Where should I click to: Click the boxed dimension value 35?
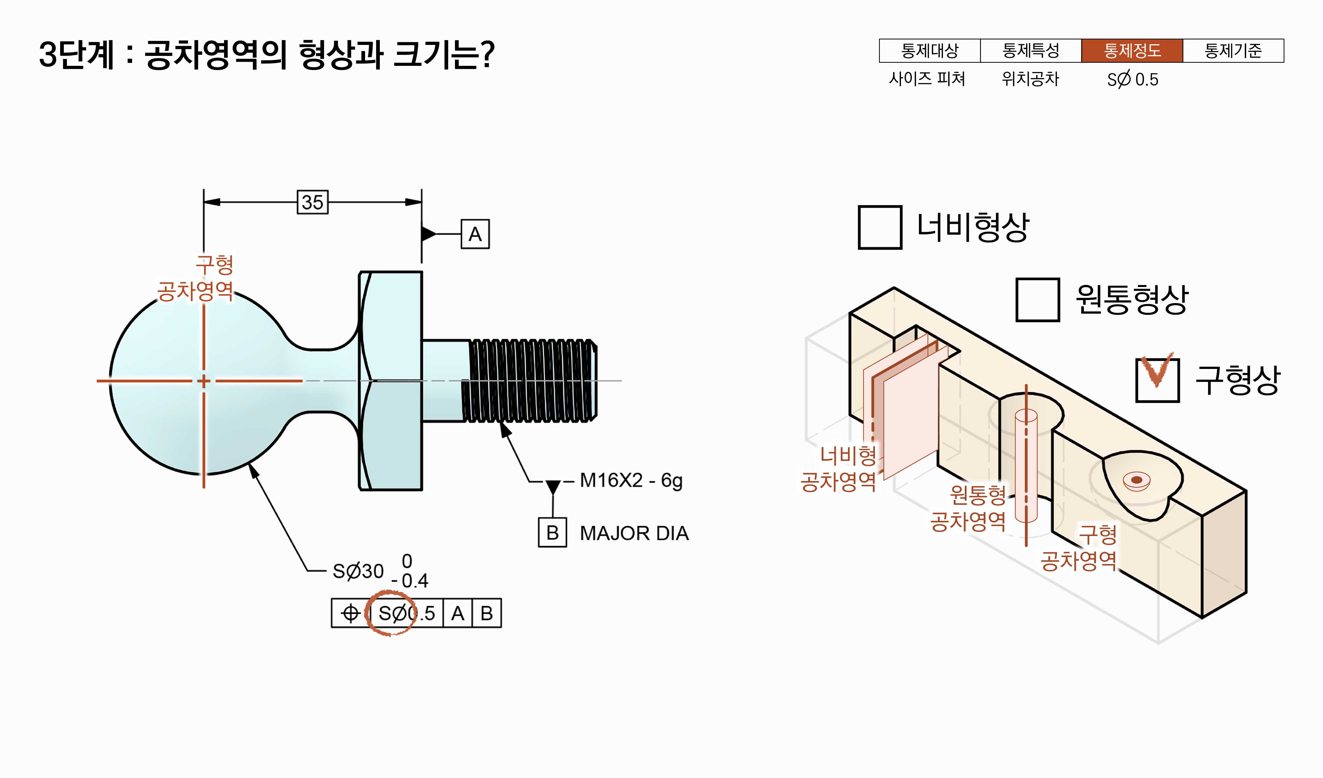[312, 202]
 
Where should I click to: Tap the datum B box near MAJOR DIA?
[552, 532]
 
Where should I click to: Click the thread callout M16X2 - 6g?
[631, 480]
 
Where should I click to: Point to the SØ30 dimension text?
[358, 571]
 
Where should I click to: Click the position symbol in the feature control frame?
[350, 613]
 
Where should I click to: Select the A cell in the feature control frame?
[457, 613]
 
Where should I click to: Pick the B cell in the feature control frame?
[487, 613]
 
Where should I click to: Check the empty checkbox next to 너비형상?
[880, 227]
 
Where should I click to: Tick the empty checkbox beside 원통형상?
[1038, 300]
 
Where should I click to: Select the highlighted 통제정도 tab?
[1132, 51]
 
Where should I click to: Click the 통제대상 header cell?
[930, 51]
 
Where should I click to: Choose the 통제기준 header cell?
[1233, 51]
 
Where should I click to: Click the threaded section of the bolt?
[530, 380]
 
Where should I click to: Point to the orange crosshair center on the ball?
[204, 381]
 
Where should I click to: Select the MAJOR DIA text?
[634, 533]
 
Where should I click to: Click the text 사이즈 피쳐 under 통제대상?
[927, 79]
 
